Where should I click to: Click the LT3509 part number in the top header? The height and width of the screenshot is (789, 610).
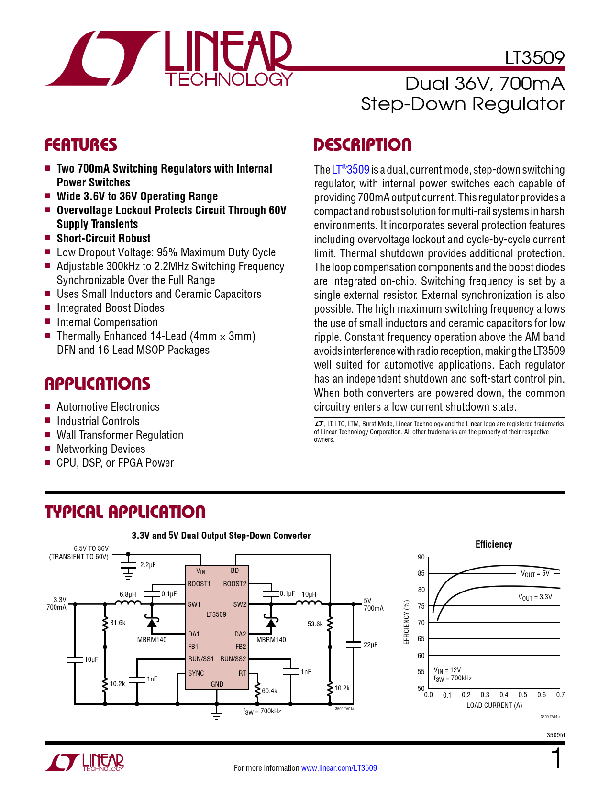point(534,58)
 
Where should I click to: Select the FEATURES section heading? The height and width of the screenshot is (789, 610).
point(80,145)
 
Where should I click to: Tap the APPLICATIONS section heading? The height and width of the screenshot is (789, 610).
point(97,384)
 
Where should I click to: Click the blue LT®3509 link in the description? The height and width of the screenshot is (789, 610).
point(350,170)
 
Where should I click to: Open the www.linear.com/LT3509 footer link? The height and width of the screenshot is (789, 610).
point(339,768)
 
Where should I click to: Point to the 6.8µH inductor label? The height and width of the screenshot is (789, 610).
point(128,594)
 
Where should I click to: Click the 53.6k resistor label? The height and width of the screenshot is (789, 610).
point(315,624)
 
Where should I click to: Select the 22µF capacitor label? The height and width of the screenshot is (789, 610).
point(370,645)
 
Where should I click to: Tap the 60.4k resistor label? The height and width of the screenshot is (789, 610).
point(269,690)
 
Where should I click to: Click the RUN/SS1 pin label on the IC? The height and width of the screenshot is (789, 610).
point(201,659)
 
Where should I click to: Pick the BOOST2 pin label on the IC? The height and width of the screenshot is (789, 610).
point(234,584)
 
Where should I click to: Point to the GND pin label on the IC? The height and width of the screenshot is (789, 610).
point(217,684)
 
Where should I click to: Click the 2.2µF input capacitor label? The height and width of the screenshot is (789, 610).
point(148,565)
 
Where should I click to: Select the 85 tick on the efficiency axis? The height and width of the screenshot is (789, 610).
point(421,573)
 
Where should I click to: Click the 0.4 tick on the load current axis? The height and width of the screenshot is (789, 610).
point(504,695)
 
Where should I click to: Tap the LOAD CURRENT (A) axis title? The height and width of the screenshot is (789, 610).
point(494,705)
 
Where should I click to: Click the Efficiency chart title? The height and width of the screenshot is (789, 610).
point(494,544)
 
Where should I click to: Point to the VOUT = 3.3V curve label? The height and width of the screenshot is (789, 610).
point(535,597)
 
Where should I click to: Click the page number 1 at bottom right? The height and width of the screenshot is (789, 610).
point(556,759)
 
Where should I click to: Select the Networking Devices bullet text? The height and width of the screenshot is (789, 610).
point(101,449)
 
